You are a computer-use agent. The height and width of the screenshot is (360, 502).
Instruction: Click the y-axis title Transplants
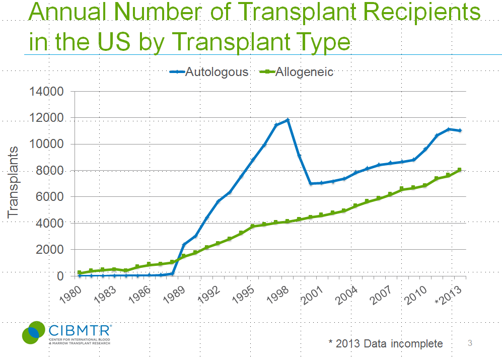[13, 182]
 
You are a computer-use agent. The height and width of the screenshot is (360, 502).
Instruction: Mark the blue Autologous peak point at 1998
[288, 120]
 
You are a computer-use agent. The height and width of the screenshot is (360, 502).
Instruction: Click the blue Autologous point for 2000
[311, 183]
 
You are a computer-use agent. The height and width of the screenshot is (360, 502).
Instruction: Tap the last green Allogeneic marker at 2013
[460, 170]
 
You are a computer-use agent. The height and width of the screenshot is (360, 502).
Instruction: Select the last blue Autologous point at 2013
[460, 130]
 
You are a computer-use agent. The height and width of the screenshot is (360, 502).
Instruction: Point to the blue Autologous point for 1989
[184, 245]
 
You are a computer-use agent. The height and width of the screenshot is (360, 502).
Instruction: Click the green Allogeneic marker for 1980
[80, 272]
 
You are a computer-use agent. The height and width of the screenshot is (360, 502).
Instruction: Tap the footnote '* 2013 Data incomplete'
[385, 343]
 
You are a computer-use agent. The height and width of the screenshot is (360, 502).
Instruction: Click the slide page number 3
[470, 343]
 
